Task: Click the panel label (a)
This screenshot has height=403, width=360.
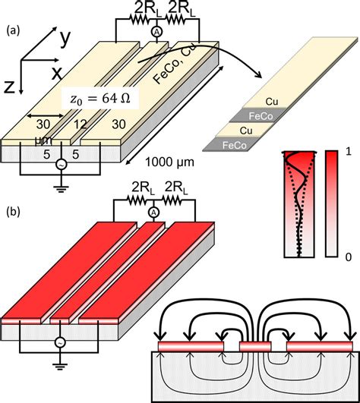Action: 13,31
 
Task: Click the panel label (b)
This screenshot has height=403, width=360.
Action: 13,212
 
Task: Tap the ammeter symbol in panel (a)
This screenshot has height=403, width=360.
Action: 156,32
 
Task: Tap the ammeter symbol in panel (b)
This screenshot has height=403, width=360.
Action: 153,213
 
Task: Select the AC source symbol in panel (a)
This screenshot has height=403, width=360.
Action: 62,165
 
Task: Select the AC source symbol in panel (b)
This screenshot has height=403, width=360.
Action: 61,342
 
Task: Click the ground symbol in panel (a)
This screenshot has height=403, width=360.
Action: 61,189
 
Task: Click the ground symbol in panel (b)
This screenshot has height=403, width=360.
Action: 60,367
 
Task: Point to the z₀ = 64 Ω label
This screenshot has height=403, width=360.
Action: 100,99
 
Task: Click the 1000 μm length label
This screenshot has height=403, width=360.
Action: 169,162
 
